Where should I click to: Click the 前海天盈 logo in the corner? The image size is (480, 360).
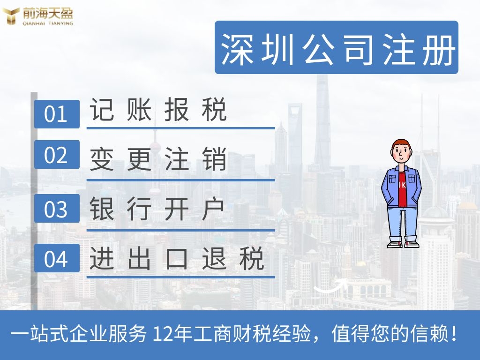(37, 16)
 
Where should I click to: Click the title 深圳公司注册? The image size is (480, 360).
(337, 48)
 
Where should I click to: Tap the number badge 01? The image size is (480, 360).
(57, 114)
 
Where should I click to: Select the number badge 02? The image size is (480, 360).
(57, 155)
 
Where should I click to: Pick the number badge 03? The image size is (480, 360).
(57, 209)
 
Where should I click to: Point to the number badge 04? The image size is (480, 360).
(57, 258)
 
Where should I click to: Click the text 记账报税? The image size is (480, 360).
(158, 110)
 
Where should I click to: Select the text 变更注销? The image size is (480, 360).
(158, 159)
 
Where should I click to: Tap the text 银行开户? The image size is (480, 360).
(158, 209)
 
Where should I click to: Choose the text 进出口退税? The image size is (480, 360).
(177, 258)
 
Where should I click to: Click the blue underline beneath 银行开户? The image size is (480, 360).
(180, 230)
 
